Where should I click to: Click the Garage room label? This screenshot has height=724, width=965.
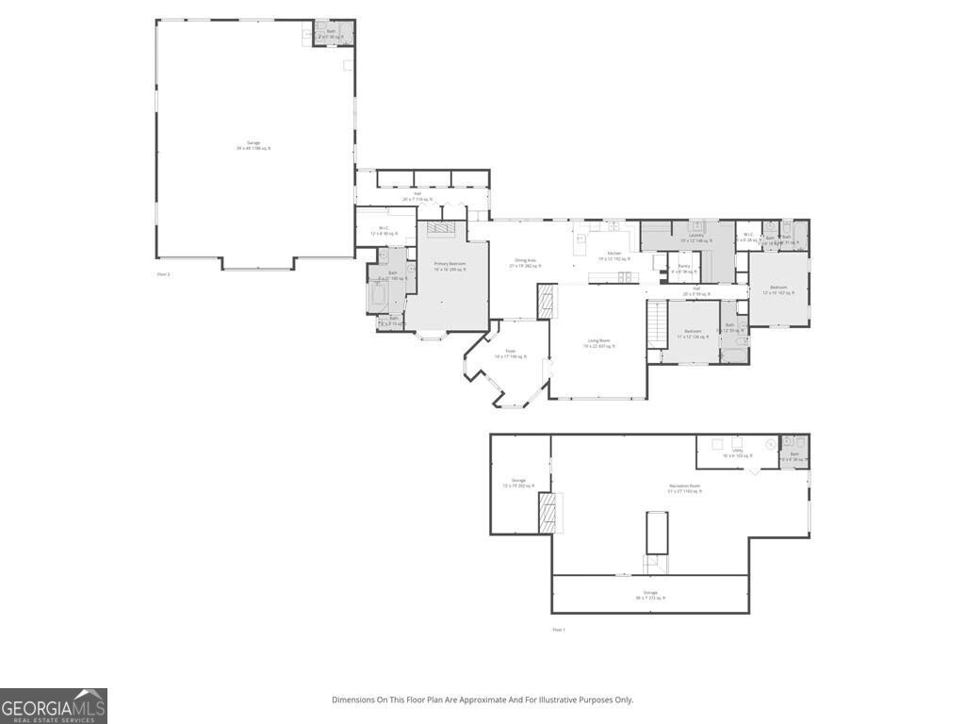pyautogui.click(x=254, y=145)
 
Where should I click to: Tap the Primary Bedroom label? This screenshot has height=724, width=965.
pyautogui.click(x=450, y=267)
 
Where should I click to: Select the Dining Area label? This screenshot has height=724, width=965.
pyautogui.click(x=525, y=263)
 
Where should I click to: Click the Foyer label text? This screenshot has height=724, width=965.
pyautogui.click(x=510, y=354)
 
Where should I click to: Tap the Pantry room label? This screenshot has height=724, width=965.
pyautogui.click(x=683, y=269)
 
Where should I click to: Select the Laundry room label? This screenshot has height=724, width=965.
pyautogui.click(x=696, y=238)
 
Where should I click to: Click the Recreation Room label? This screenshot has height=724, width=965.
pyautogui.click(x=684, y=488)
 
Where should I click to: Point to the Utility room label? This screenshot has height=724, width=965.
pyautogui.click(x=737, y=452)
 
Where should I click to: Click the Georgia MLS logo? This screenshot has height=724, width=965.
pyautogui.click(x=54, y=706)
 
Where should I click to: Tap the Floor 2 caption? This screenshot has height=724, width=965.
pyautogui.click(x=163, y=274)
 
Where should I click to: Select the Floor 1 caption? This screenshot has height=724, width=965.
pyautogui.click(x=558, y=629)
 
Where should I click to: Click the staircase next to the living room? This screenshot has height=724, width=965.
pyautogui.click(x=656, y=325)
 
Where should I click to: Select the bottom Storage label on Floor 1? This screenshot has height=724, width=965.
pyautogui.click(x=650, y=595)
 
